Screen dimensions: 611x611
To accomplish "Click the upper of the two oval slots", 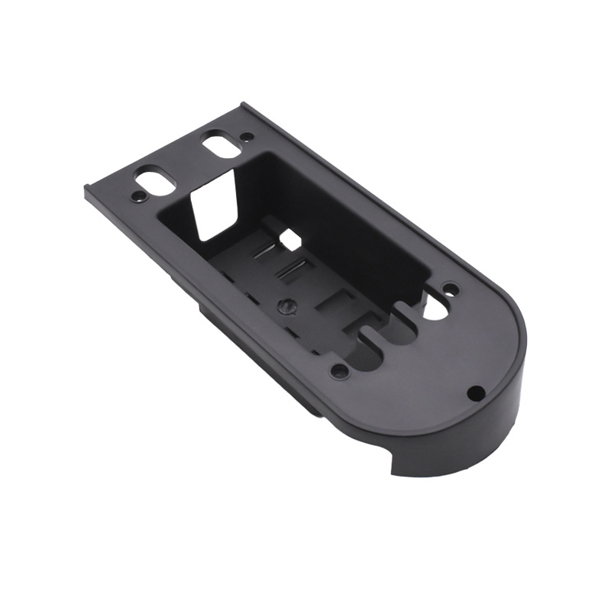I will (x=220, y=145).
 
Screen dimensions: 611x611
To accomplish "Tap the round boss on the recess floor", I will (x=285, y=305).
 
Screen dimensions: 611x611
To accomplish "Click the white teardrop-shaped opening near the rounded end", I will (x=436, y=305).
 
